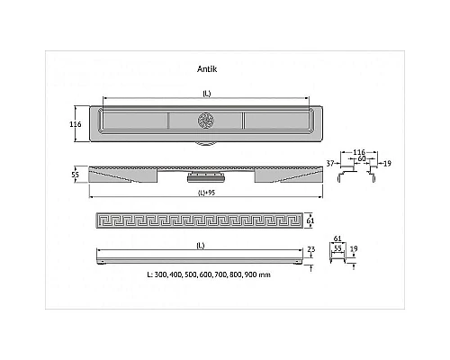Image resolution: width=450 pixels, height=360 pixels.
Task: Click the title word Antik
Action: [x=207, y=69]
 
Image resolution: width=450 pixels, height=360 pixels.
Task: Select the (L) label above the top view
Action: [x=207, y=94]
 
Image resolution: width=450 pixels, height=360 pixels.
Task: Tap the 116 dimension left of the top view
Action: [x=76, y=124]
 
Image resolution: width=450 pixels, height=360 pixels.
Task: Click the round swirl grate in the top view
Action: [x=206, y=121]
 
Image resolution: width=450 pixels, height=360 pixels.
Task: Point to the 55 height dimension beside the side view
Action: [x=76, y=175]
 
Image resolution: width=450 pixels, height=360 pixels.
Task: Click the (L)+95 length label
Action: [x=207, y=193]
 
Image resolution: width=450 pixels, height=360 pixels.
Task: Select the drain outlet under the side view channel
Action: [x=206, y=177]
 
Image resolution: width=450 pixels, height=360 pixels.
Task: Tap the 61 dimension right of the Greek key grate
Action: [x=310, y=220]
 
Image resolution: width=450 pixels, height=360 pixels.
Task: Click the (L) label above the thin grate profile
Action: [x=201, y=246]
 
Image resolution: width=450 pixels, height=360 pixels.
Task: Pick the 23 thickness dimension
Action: [x=311, y=249]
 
